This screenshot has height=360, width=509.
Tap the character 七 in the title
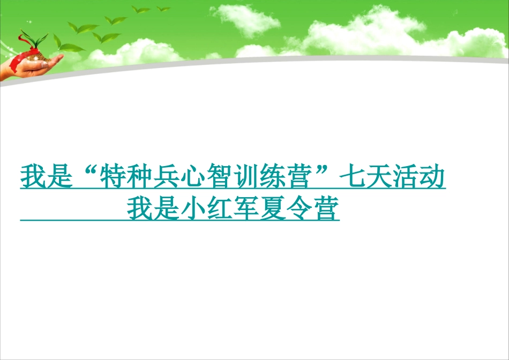[x=352, y=176]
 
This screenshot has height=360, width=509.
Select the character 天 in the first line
[x=378, y=176]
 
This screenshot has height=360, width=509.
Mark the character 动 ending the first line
[x=432, y=176]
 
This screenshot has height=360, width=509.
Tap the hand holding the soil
[x=31, y=67]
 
